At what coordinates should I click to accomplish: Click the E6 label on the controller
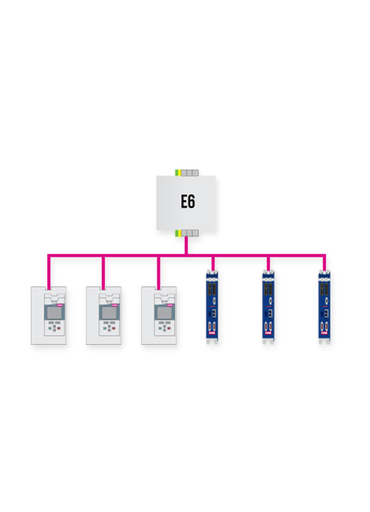(188, 201)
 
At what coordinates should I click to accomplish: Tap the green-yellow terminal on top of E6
(178, 173)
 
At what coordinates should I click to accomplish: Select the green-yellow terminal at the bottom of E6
(178, 233)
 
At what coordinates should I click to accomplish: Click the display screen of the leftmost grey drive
(54, 313)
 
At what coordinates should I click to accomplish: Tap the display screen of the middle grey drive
(109, 313)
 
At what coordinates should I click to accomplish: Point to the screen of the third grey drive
(165, 313)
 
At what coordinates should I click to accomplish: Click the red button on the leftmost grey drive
(59, 328)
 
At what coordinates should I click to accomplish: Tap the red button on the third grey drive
(169, 328)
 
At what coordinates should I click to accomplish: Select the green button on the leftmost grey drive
(50, 328)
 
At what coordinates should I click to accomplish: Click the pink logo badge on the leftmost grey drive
(60, 305)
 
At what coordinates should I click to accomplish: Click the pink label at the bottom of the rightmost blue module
(324, 333)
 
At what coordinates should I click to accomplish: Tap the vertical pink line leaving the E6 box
(186, 245)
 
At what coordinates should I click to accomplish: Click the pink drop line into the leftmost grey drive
(49, 272)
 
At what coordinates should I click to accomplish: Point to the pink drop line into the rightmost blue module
(324, 263)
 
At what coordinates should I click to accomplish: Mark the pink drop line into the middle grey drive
(103, 272)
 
